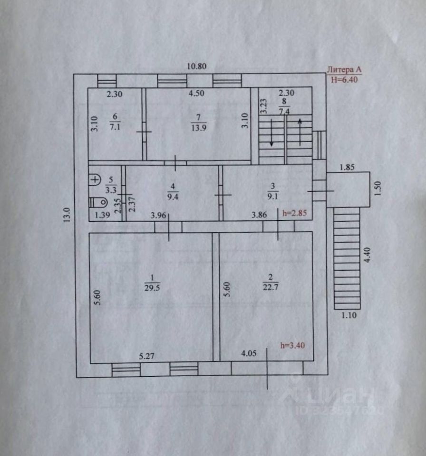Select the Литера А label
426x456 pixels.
point(344,70)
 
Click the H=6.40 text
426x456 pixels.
point(344,79)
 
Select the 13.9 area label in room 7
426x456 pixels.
point(196,127)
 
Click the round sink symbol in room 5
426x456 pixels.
point(96,180)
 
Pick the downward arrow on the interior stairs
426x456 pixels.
point(271,133)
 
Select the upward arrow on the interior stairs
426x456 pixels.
point(300,131)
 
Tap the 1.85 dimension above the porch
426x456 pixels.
point(348,167)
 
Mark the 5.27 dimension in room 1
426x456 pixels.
point(148,355)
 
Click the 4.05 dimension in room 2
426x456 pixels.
point(250,353)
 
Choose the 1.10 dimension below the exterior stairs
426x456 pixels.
point(350,314)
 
